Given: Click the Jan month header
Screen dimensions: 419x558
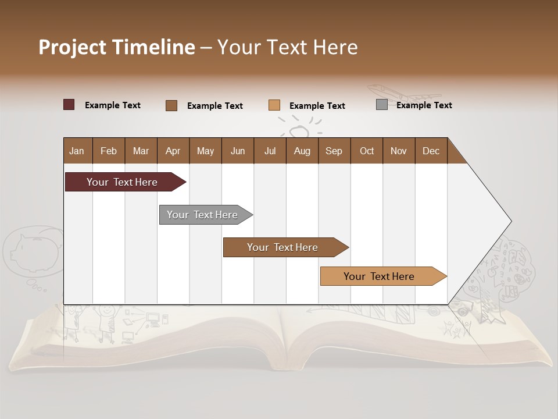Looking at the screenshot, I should (77, 151).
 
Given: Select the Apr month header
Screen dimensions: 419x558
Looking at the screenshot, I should (173, 151).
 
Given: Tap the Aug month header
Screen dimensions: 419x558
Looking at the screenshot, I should (302, 151).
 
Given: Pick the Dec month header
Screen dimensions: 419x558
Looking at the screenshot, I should (431, 151).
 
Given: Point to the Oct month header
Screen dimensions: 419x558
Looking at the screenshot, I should (367, 151).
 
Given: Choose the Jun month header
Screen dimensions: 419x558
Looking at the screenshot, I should (238, 151).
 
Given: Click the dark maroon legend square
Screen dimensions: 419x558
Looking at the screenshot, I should (69, 105).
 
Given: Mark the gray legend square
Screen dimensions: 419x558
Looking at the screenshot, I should (381, 105).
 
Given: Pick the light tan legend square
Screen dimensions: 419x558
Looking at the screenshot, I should (274, 105).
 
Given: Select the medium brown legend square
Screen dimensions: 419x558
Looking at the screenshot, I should (171, 105).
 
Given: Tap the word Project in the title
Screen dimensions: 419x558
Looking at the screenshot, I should (73, 47).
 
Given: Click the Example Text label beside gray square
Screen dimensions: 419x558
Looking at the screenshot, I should (424, 105).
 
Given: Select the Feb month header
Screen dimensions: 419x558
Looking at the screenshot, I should (109, 151).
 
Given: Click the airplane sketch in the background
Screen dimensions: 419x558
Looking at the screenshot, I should (401, 94).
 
